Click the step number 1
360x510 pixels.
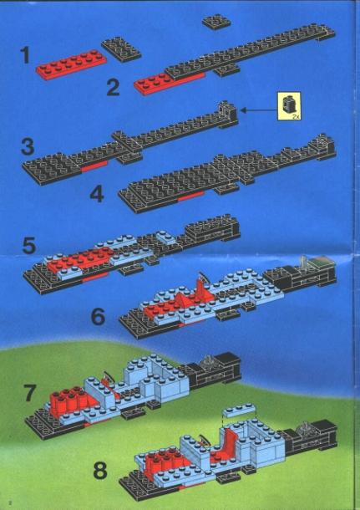pyautogui.click(x=25, y=55)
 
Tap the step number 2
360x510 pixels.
pyautogui.click(x=113, y=87)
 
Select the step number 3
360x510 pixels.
pyautogui.click(x=28, y=146)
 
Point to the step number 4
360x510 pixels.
pyautogui.click(x=97, y=195)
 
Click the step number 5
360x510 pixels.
pyautogui.click(x=29, y=246)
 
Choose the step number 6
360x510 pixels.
pyautogui.click(x=98, y=317)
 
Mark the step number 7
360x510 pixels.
pyautogui.click(x=29, y=393)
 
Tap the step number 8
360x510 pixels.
pyautogui.click(x=100, y=471)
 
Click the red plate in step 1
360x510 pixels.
pyautogui.click(x=71, y=64)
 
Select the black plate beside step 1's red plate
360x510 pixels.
pyautogui.click(x=121, y=49)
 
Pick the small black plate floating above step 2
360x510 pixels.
pyautogui.click(x=216, y=23)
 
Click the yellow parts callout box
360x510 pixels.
pyautogui.click(x=289, y=106)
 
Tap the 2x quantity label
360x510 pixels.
pyautogui.click(x=296, y=116)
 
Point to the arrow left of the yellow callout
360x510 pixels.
pyautogui.click(x=258, y=110)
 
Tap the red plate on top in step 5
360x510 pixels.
pyautogui.click(x=79, y=258)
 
